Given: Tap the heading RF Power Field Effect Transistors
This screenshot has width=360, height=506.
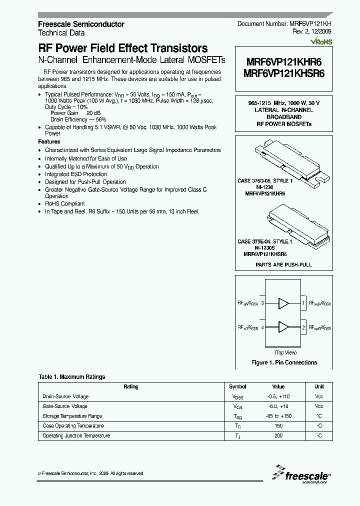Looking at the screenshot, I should [123, 48].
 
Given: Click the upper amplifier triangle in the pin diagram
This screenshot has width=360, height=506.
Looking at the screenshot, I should [284, 303].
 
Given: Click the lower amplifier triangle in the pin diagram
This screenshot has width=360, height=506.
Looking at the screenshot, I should [284, 327].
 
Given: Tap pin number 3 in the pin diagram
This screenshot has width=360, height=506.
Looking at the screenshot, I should [262, 303].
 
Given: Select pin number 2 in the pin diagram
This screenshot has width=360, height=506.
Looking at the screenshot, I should [303, 327].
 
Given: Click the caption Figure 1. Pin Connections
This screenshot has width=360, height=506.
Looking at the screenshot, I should [283, 362].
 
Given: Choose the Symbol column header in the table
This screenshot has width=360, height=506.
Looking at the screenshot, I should [237, 386].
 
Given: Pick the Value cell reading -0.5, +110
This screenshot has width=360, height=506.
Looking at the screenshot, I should [278, 396].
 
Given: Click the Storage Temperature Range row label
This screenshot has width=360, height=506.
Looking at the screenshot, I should [72, 416].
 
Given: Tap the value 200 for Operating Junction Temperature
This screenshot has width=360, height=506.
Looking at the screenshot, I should [278, 435].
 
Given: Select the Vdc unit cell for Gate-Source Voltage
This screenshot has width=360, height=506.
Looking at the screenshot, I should [319, 406].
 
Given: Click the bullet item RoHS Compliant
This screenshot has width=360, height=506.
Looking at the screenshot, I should [65, 204].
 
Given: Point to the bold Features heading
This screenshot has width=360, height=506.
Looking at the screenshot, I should [49, 141].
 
